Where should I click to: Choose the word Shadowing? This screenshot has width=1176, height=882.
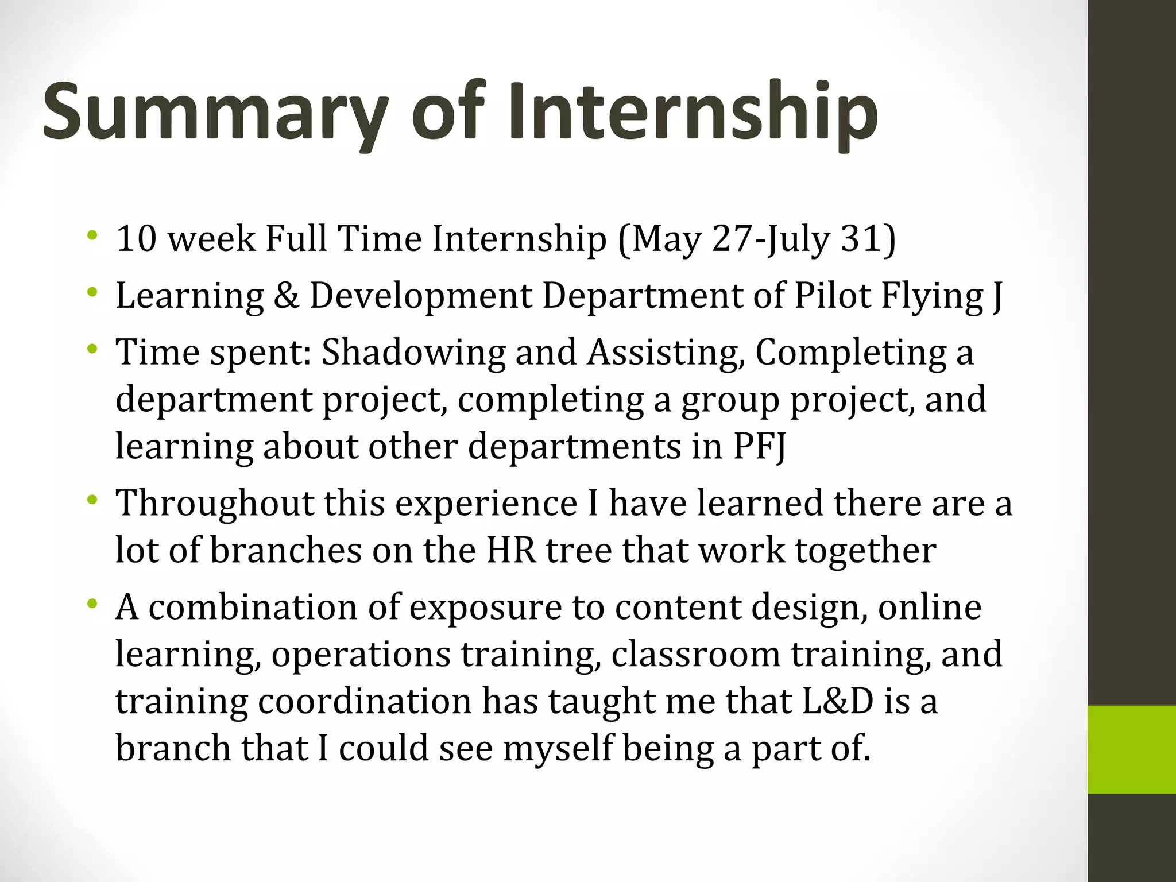[413, 352]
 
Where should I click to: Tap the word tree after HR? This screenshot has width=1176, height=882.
[578, 550]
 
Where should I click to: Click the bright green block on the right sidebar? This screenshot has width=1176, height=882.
[1131, 749]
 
